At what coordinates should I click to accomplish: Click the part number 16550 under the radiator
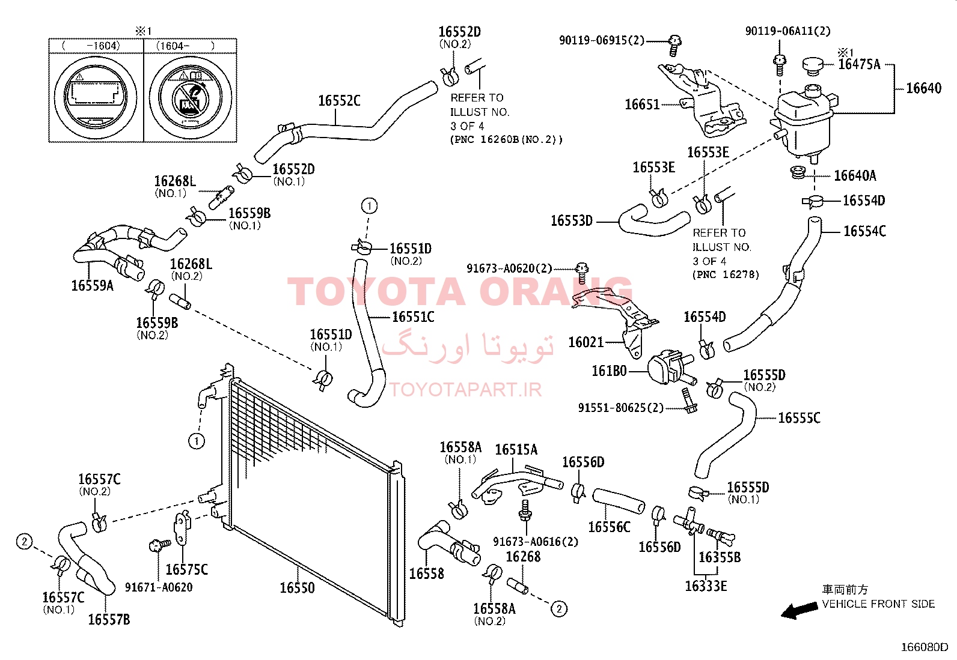point(298,588)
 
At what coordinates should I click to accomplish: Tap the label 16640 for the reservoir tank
point(924,88)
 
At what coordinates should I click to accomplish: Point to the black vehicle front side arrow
point(800,611)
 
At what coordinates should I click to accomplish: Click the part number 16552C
point(339,101)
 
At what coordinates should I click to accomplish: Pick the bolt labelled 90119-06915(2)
point(674,45)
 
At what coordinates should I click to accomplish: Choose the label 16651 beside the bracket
point(642,104)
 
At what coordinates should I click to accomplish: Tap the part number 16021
point(586,342)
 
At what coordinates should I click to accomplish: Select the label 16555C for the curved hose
point(799,417)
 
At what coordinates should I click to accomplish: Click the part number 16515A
point(516,450)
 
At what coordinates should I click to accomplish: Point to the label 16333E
point(706,586)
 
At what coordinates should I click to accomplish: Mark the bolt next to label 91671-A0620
point(159,545)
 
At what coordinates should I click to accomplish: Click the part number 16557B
point(109,619)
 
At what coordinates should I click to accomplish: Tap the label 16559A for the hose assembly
point(93,286)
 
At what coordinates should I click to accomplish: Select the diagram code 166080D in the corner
point(925,647)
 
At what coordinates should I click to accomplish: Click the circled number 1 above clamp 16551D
point(370,206)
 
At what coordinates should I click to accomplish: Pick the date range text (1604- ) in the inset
point(185,46)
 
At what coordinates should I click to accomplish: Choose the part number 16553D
point(572,221)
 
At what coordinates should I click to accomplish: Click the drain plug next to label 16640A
point(797,172)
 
